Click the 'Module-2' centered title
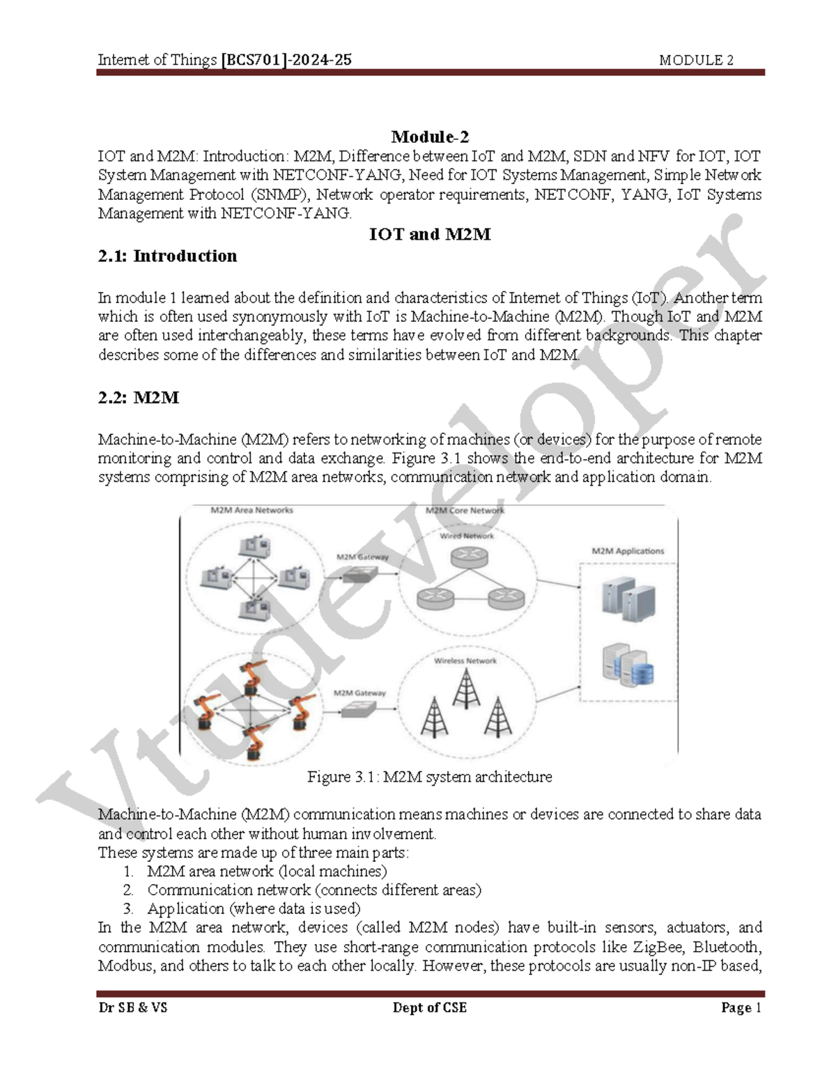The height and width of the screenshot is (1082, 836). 430,137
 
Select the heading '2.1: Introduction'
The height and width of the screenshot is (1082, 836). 167,256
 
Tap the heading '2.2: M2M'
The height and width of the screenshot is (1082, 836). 139,398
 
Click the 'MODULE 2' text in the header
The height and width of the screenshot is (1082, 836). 696,61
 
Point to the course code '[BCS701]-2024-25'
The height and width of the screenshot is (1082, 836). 286,60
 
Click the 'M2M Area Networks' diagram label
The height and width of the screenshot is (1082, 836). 251,510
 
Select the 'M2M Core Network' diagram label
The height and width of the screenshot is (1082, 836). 465,510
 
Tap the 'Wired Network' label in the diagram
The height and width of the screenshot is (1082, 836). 466,536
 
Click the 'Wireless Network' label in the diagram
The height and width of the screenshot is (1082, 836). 465,660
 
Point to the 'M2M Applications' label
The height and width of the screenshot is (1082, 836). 628,551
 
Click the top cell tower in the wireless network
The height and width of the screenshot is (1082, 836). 466,688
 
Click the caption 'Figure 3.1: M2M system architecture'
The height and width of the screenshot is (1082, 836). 429,777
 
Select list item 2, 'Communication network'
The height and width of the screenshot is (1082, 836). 313,890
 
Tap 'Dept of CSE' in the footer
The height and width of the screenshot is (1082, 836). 429,1007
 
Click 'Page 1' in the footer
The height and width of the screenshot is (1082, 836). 741,1007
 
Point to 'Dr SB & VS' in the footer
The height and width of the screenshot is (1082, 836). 132,1007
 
